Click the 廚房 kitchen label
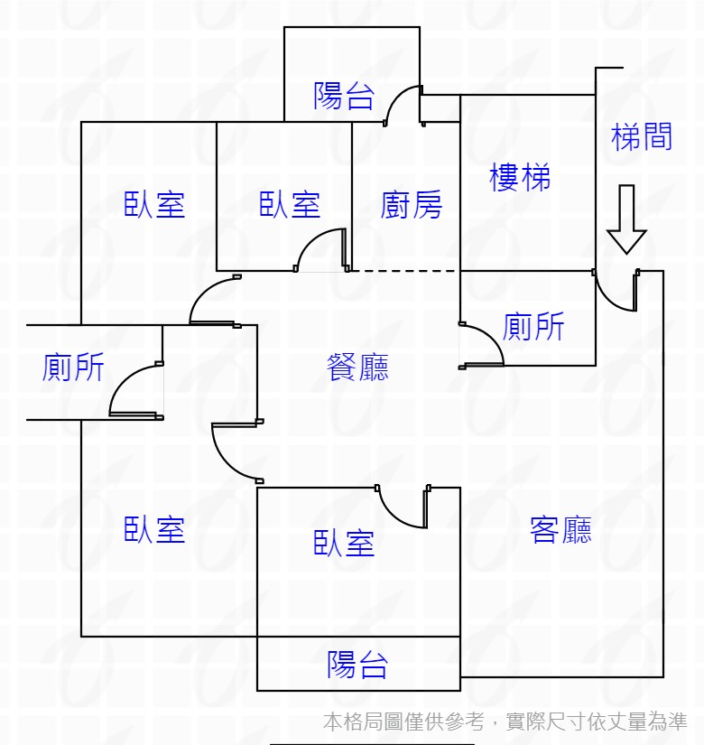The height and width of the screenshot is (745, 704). (412, 205)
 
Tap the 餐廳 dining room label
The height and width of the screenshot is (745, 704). (357, 367)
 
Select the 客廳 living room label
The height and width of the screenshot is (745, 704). (560, 529)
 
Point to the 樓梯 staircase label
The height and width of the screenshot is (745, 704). (520, 177)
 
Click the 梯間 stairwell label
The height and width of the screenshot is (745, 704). (642, 137)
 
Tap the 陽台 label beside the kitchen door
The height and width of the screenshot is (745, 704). (344, 96)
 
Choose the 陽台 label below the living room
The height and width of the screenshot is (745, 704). (357, 665)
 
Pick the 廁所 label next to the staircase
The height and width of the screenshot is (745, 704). (533, 326)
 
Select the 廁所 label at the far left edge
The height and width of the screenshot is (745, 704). (73, 368)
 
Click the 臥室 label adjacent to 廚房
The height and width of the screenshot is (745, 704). (290, 205)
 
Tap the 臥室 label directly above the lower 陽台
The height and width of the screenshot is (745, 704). (344, 543)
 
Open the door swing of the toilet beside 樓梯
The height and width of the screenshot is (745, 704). (482, 345)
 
